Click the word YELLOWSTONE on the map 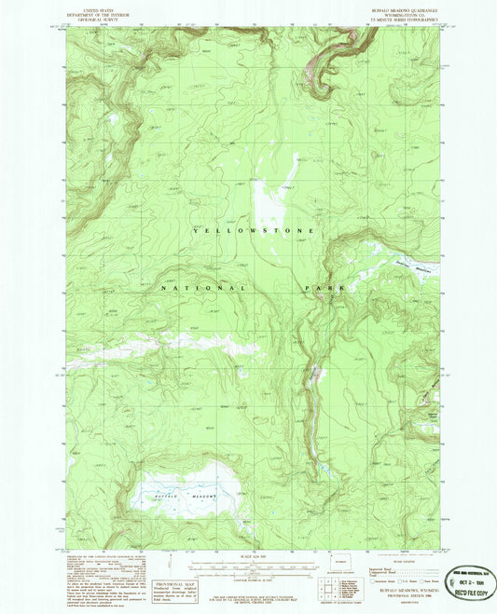coord(255,230)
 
